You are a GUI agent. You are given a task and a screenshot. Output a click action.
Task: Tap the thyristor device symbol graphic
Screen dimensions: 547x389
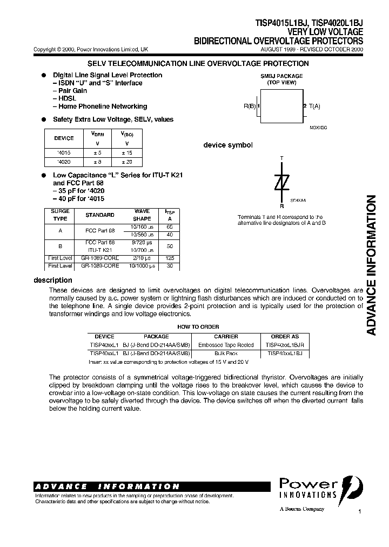click(x=281, y=183)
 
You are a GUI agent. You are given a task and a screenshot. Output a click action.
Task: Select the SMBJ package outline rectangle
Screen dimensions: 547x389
click(x=281, y=106)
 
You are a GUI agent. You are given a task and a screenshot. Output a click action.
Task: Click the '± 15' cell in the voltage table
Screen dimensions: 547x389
click(x=127, y=153)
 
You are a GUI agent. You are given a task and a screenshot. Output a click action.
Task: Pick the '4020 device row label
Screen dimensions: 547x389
click(x=64, y=162)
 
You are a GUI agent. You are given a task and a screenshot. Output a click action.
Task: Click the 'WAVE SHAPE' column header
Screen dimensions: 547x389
click(x=142, y=215)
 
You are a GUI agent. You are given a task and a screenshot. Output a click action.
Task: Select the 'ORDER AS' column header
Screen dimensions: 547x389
click(x=284, y=337)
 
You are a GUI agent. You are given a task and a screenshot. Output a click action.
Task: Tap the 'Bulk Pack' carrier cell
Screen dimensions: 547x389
click(x=226, y=353)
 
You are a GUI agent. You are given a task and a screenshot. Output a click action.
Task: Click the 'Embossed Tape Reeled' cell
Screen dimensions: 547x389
click(x=226, y=345)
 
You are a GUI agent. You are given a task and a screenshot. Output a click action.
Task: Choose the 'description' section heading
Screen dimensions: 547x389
click(x=53, y=280)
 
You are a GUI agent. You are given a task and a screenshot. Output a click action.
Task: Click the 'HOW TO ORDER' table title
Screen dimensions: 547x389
click(x=198, y=327)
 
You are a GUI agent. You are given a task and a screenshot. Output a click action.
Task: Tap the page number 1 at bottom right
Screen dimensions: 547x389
click(x=359, y=511)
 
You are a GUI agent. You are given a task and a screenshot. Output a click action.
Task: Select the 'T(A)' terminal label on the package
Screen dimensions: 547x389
click(x=314, y=106)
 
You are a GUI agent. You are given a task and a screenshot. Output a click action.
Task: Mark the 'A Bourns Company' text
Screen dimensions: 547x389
click(x=302, y=509)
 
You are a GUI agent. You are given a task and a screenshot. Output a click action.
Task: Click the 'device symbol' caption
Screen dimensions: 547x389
click(x=227, y=145)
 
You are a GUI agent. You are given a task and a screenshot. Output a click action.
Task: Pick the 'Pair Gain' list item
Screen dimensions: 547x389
click(x=70, y=91)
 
